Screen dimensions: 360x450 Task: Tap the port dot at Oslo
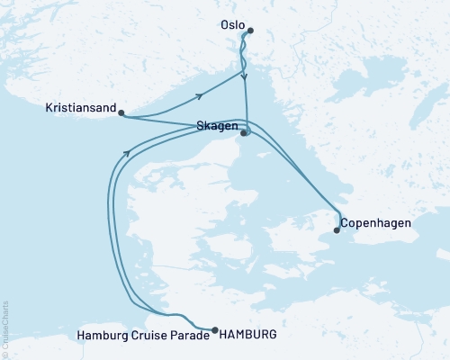click(250, 31)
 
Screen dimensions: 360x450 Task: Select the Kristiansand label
click(81, 108)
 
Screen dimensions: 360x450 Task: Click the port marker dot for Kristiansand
click(121, 113)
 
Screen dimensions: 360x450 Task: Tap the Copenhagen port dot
click(337, 230)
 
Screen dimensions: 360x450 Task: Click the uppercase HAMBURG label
click(245, 335)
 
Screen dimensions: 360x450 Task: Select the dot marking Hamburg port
click(214, 329)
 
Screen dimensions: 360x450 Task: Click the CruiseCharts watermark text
click(5, 325)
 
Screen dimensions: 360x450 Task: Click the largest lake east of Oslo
click(347, 88)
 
